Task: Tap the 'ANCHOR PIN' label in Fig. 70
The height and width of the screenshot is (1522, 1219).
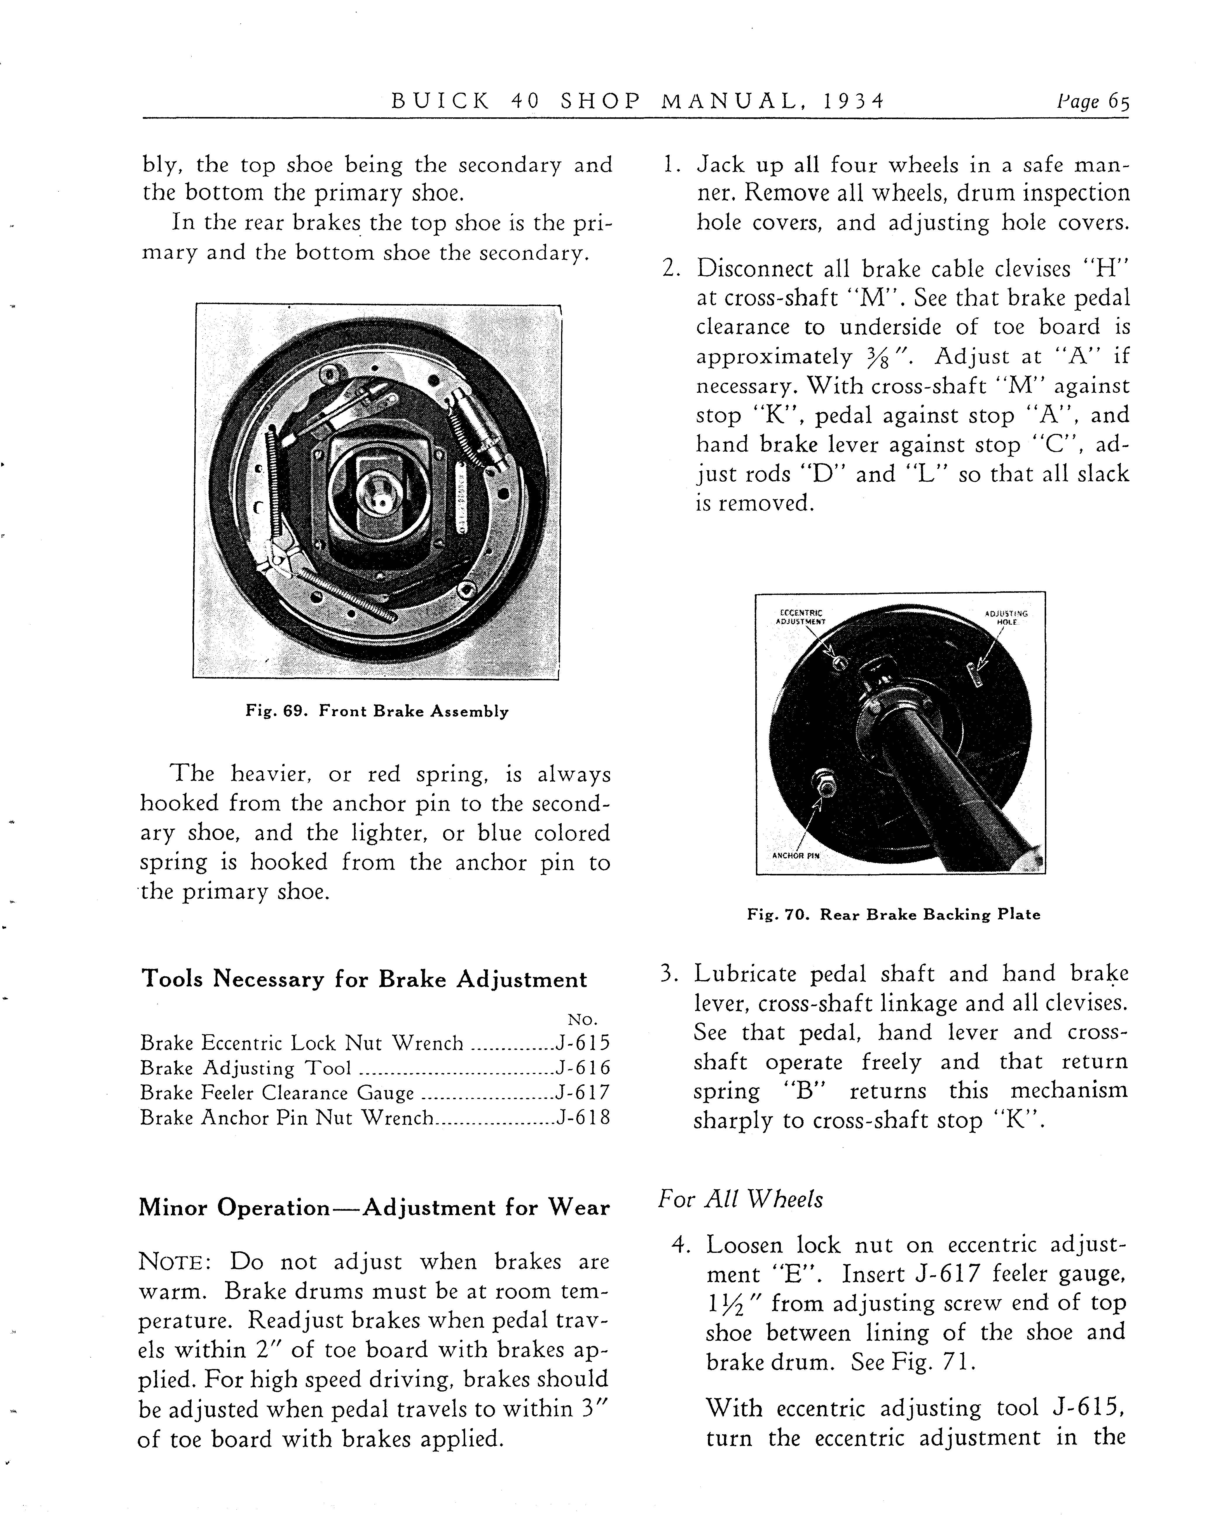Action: tap(795, 856)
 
